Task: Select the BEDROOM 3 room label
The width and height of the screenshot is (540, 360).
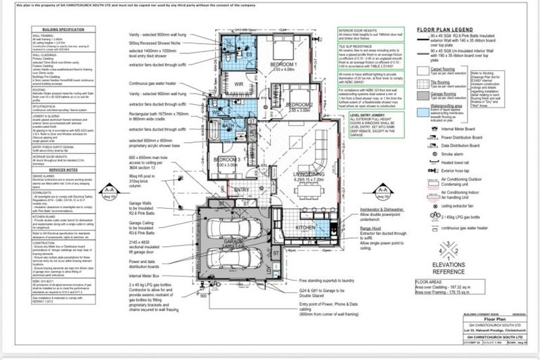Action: point(225,160)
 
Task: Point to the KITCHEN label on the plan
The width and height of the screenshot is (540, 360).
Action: point(305,228)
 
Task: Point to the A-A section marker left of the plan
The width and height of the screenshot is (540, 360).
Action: point(109,191)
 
